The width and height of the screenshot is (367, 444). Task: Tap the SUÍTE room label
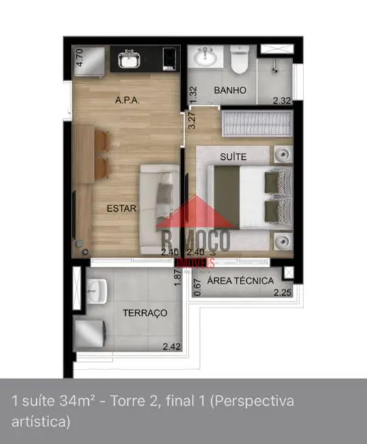(x=233, y=156)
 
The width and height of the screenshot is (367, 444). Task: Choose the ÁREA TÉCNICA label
(x=240, y=281)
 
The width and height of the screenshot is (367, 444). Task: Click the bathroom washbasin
(x=203, y=59)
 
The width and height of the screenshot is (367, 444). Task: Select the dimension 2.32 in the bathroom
(x=282, y=102)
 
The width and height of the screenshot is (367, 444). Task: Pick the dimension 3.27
(x=193, y=120)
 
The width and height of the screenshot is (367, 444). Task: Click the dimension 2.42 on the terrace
(x=173, y=347)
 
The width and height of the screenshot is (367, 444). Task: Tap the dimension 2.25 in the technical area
(x=282, y=294)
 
